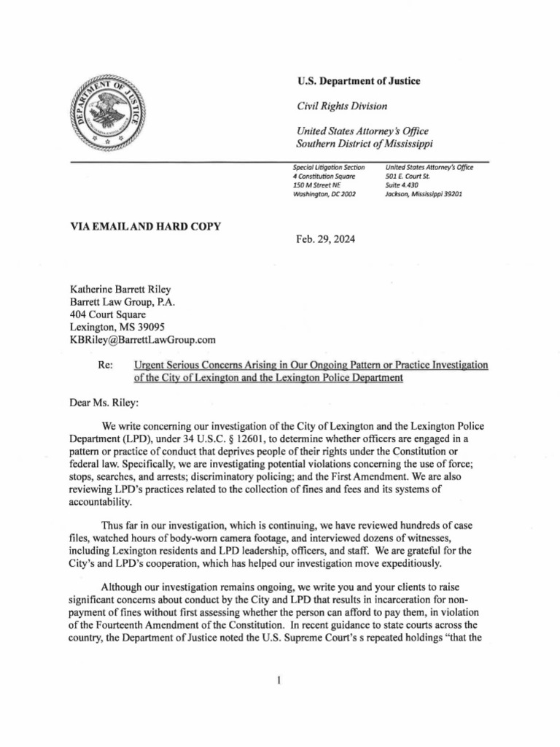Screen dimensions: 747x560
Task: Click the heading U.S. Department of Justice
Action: click(358, 81)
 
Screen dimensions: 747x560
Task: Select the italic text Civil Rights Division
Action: click(342, 107)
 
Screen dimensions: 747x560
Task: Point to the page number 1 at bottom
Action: click(279, 681)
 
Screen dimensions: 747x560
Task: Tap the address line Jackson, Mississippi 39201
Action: click(423, 195)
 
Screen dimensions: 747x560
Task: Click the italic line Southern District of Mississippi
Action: click(370, 144)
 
